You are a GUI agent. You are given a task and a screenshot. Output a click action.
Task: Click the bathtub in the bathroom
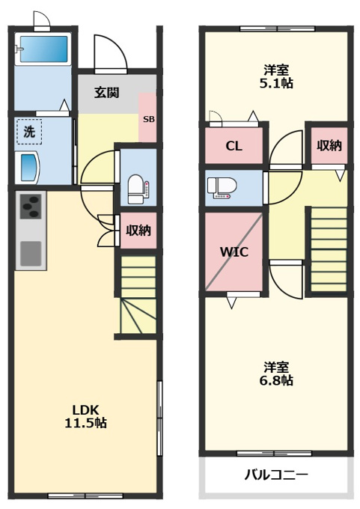tap(43, 49)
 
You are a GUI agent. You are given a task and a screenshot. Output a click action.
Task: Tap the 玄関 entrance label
tap(107, 93)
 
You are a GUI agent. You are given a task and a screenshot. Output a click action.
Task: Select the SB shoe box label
tap(149, 119)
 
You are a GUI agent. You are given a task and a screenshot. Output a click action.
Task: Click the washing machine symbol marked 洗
tap(29, 132)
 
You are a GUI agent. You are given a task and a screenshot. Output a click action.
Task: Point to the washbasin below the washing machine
tap(27, 168)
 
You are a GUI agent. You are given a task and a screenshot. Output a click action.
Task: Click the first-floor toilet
tap(138, 189)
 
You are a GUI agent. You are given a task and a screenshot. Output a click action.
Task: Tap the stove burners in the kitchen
tap(31, 206)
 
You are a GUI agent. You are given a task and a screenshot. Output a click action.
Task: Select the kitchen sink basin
tap(31, 254)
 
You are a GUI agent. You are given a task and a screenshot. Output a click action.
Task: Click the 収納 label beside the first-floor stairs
tap(138, 231)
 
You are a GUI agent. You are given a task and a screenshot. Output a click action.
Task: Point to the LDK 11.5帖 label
tap(86, 416)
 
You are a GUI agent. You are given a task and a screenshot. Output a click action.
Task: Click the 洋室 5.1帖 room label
tap(276, 76)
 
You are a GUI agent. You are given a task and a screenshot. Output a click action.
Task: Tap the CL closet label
tap(234, 146)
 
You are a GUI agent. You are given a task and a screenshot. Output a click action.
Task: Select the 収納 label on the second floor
tap(329, 146)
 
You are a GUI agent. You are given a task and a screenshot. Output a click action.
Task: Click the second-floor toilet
tap(220, 188)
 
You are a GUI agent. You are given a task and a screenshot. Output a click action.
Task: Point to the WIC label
tap(234, 252)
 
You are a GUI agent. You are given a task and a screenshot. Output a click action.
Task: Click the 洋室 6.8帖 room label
tap(276, 374)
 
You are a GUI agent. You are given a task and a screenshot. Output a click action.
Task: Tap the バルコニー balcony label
tap(276, 475)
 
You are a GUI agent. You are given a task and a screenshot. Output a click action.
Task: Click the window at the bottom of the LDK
tap(85, 496)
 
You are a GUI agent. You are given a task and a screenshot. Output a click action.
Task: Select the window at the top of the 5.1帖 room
tap(277, 28)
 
